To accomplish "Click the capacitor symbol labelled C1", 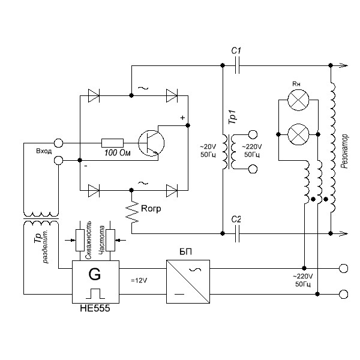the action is (237, 65).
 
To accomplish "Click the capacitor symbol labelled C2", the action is (237, 233).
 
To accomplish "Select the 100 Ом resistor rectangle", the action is (113, 143).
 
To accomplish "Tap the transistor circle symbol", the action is (151, 143).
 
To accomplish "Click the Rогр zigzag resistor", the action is (132, 212).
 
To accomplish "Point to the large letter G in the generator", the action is (95, 274).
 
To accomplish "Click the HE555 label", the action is (95, 308).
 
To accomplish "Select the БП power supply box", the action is (188, 281).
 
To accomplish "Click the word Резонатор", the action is (344, 152).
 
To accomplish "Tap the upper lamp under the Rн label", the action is (298, 100).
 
